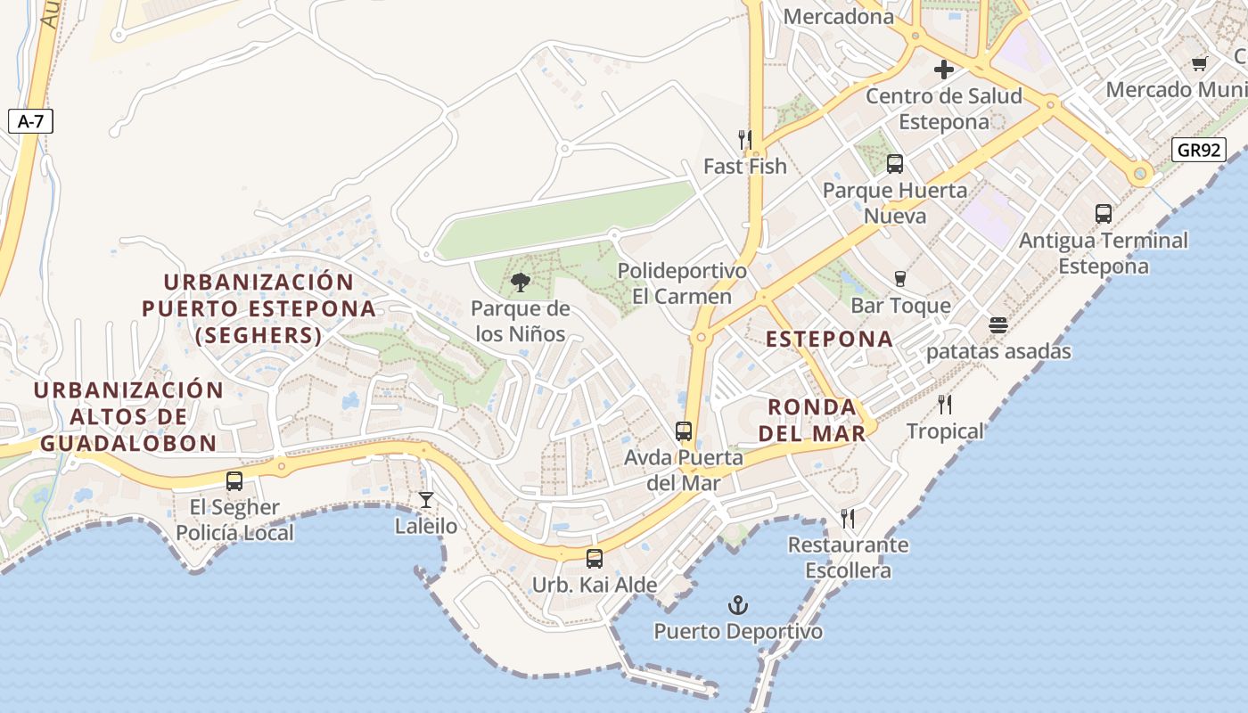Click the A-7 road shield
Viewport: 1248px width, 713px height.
pos(30,121)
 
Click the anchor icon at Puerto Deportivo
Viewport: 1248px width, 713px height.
pos(737,606)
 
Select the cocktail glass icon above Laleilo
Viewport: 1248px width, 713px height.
pos(426,500)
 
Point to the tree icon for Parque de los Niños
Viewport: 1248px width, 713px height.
pos(521,283)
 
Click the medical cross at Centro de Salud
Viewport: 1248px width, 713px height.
pos(943,70)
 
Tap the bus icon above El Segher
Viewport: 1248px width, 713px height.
pos(234,481)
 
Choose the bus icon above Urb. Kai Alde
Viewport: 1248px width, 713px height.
pos(595,559)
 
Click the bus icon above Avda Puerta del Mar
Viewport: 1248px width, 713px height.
pos(684,431)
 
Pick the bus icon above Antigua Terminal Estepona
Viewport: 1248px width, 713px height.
pos(1104,214)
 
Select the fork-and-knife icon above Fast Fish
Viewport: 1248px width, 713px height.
pos(745,140)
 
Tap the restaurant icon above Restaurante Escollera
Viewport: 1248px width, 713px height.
pos(848,518)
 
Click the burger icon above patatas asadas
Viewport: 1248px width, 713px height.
pos(998,325)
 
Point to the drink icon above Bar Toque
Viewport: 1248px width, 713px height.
pos(900,279)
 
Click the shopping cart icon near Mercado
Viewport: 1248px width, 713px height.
pos(1199,63)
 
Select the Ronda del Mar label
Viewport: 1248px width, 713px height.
pos(816,421)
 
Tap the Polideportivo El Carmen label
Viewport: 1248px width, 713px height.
pos(682,283)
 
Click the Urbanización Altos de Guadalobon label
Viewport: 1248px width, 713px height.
pos(128,416)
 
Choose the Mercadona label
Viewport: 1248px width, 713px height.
pos(838,16)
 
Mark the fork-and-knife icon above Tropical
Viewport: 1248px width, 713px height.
pos(945,405)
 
